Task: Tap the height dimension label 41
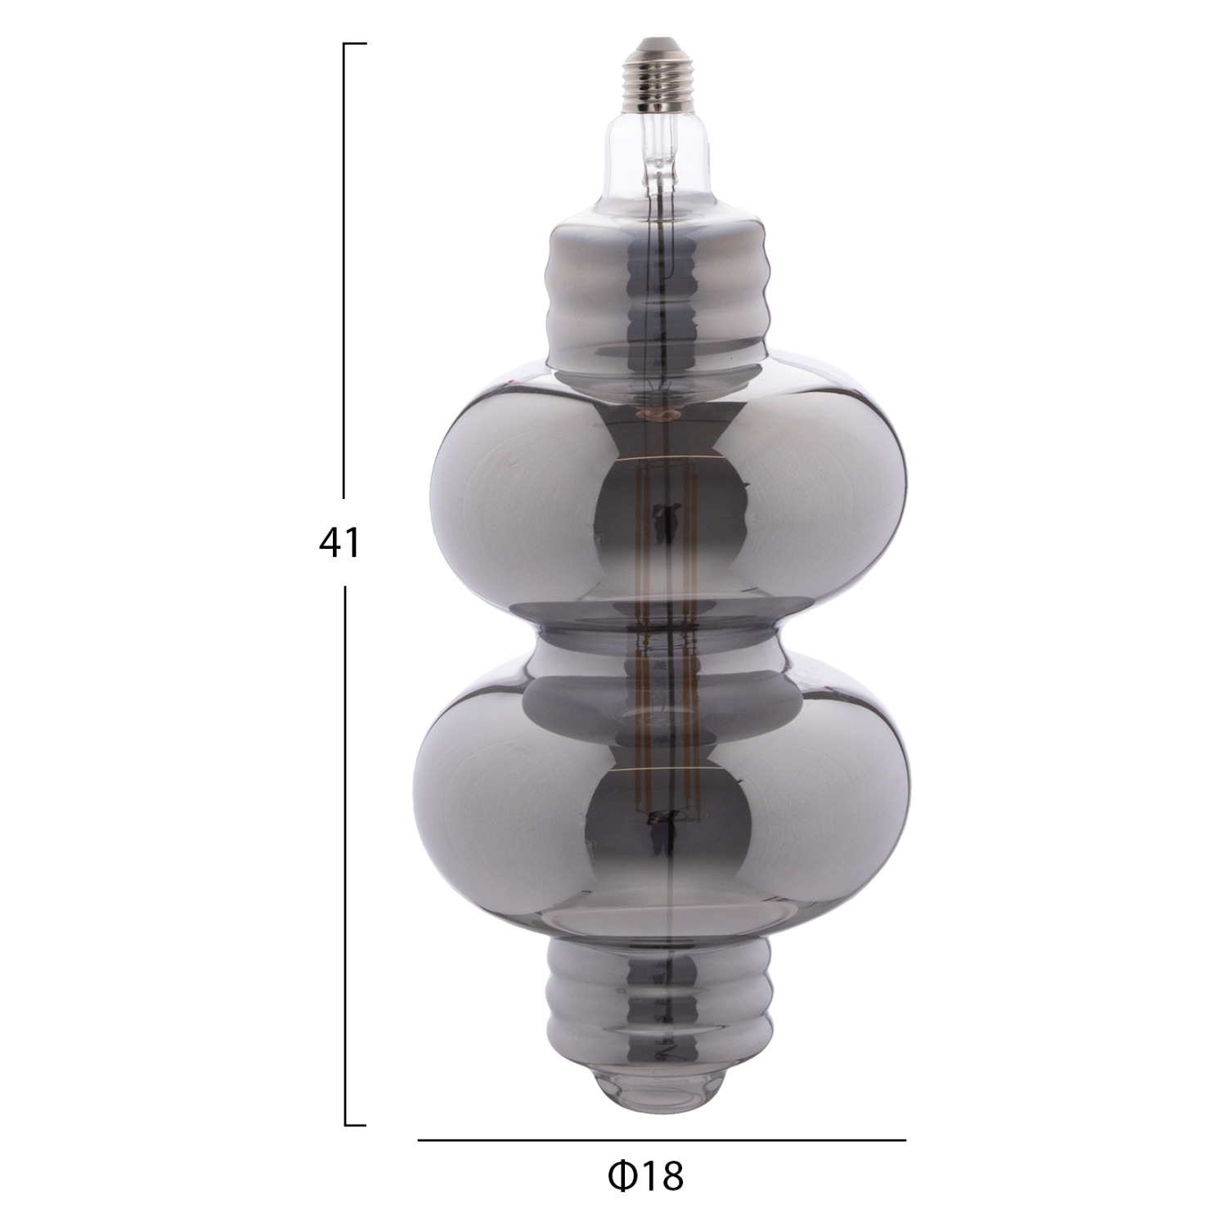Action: pos(339,542)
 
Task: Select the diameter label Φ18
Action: pos(645,1176)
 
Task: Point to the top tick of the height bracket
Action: pos(355,43)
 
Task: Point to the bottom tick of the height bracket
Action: pos(355,1126)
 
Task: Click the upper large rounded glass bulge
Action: pos(507,499)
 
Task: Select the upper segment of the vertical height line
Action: pos(344,270)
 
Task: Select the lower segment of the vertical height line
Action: pos(344,851)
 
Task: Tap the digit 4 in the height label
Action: pos(330,542)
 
